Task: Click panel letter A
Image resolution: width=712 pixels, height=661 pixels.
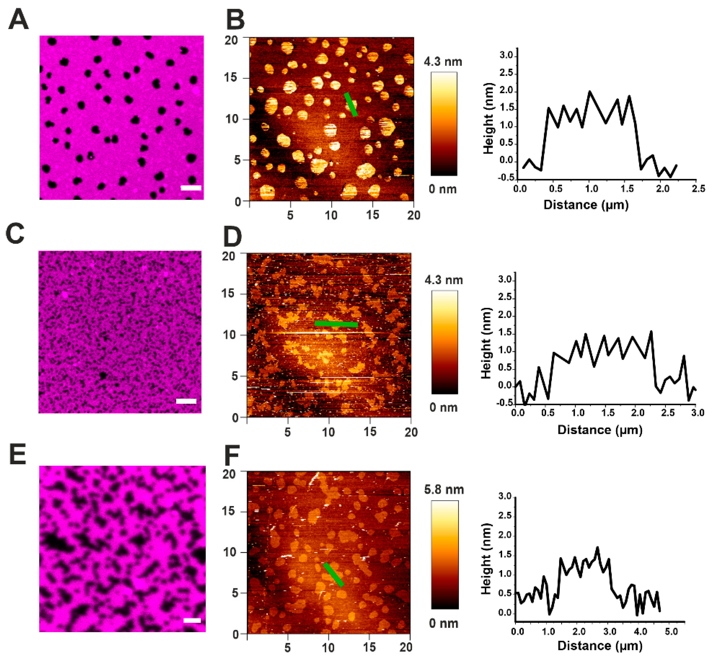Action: pyautogui.click(x=18, y=19)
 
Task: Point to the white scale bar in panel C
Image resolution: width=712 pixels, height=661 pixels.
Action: pyautogui.click(x=186, y=401)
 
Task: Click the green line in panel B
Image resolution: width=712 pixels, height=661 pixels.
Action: pyautogui.click(x=350, y=105)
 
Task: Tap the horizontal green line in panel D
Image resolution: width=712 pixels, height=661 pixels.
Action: pyautogui.click(x=336, y=324)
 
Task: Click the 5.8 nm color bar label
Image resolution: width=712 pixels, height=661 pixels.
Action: pyautogui.click(x=444, y=490)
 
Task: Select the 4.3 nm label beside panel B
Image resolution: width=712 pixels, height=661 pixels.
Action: pyautogui.click(x=443, y=62)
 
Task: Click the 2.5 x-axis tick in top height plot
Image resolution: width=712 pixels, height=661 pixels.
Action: pyautogui.click(x=698, y=189)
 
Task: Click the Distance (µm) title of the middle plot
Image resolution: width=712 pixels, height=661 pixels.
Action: pyautogui.click(x=600, y=429)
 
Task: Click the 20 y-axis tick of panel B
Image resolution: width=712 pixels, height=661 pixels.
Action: pyautogui.click(x=231, y=40)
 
